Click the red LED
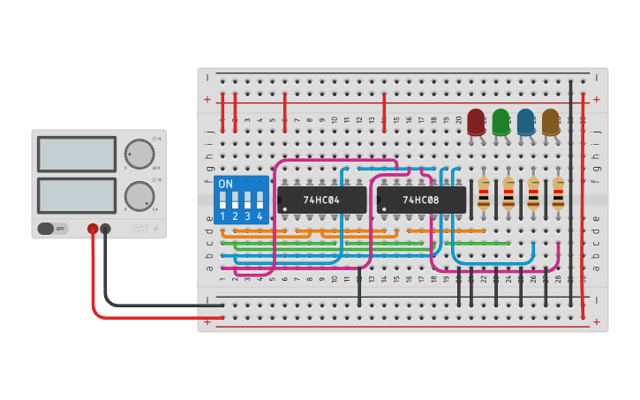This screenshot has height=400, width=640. click(476, 122)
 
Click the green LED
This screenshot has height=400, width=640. click(501, 122)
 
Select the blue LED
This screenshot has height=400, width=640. click(525, 122)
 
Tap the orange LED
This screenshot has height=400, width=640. click(550, 122)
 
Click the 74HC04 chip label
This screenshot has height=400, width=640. click(321, 200)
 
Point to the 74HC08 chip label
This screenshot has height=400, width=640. click(421, 200)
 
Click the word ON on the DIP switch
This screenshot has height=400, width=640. click(226, 185)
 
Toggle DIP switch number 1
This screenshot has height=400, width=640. click(222, 200)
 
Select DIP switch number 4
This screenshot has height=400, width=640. click(260, 200)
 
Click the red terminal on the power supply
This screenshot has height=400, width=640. click(93, 229)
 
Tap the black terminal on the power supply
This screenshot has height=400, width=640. click(105, 229)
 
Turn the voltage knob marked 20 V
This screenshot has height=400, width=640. click(139, 154)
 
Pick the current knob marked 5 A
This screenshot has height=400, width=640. click(139, 195)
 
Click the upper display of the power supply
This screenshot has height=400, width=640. click(77, 154)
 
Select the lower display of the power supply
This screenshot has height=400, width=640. click(77, 195)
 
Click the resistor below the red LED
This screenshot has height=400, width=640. click(483, 192)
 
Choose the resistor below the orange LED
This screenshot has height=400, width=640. click(558, 192)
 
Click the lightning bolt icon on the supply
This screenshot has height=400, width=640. click(156, 229)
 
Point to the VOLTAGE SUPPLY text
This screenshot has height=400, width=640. click(139, 229)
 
